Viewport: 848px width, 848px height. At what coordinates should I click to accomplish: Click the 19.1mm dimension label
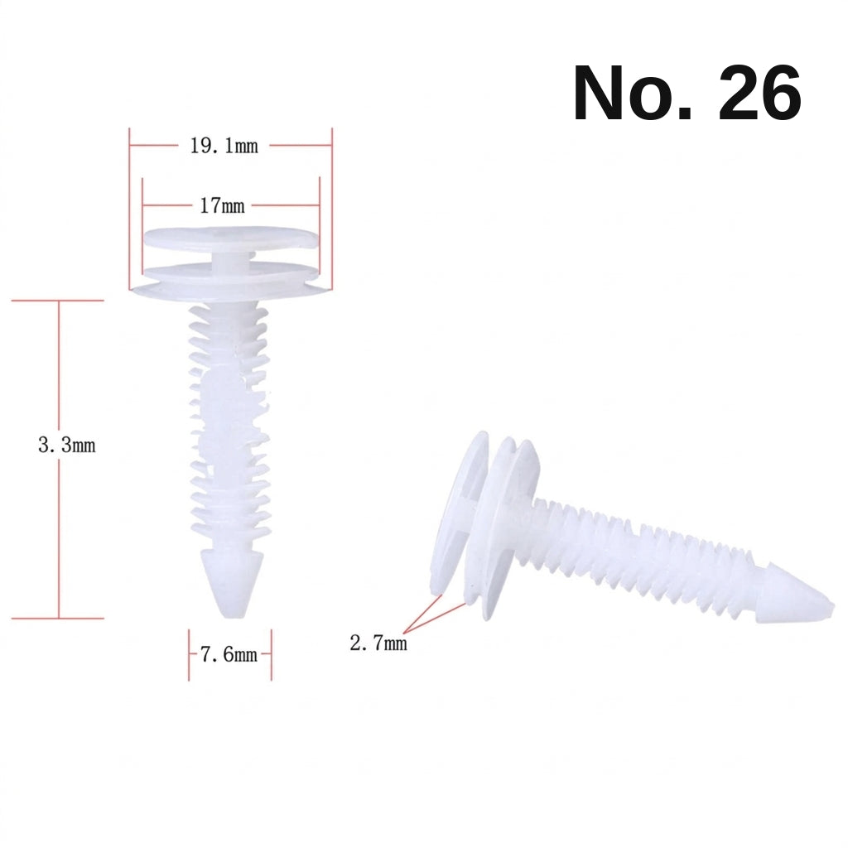pyautogui.click(x=224, y=146)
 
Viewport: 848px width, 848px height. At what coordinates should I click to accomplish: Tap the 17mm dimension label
pyautogui.click(x=222, y=206)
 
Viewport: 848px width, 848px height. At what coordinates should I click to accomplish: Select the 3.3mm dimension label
pyautogui.click(x=66, y=445)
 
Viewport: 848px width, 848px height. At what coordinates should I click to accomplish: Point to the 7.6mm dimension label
pyautogui.click(x=229, y=655)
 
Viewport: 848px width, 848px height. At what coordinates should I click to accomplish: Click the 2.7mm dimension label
pyautogui.click(x=378, y=643)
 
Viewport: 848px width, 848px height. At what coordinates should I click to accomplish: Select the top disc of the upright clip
pyautogui.click(x=231, y=238)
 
